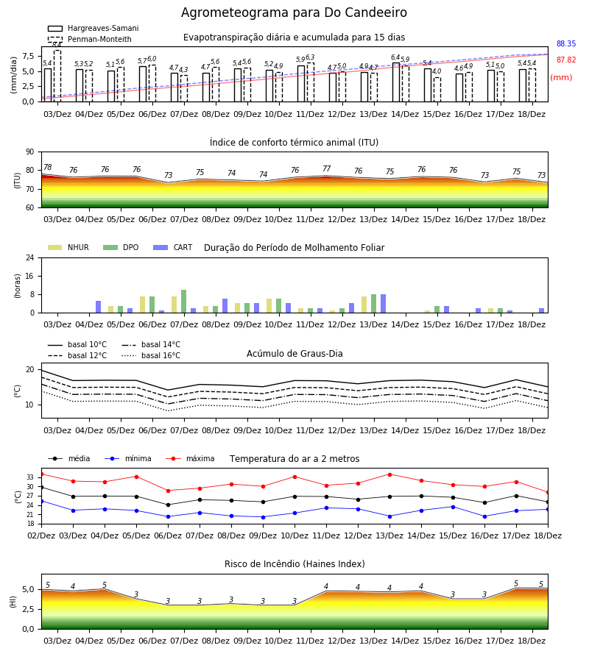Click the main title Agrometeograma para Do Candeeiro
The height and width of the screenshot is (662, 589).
294,13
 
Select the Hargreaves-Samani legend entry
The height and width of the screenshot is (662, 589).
93,28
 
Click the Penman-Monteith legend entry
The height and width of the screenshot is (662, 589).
90,39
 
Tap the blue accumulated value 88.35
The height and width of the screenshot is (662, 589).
566,43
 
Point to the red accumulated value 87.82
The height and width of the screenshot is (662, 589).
566,60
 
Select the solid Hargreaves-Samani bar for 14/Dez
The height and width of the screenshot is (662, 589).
396,82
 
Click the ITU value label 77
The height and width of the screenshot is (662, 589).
327,169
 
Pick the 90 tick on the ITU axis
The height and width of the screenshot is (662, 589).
30,152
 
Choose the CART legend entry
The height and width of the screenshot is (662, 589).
173,247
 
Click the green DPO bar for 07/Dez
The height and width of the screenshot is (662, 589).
184,302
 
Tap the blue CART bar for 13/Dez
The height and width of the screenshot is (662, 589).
384,304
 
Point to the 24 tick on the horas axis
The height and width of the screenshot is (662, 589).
30,258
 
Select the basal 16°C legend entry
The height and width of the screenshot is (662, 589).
151,356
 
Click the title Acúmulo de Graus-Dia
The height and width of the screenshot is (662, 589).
294,354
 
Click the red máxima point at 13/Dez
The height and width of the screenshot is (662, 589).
389,474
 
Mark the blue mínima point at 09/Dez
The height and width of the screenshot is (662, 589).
264,517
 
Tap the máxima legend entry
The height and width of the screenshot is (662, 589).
191,458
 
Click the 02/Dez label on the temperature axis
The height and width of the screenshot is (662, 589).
41,535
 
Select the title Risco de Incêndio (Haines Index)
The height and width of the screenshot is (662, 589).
294,564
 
